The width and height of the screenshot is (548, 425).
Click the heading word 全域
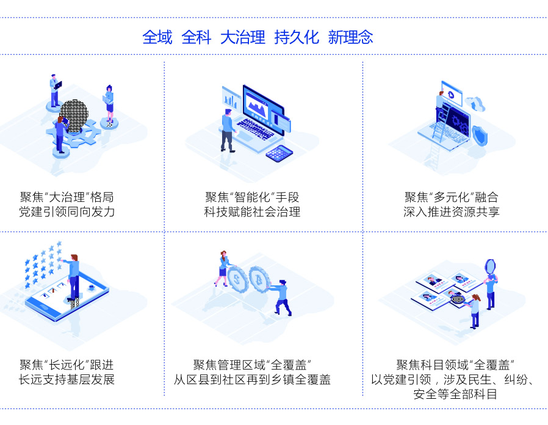coord(157,37)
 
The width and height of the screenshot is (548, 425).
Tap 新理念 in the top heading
coord(350,37)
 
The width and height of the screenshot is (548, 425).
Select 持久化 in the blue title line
coord(297,37)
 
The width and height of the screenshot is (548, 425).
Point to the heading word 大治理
coord(242,37)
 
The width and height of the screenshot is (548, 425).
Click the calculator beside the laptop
coord(279,153)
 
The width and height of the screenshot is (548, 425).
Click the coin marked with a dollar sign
coord(237,279)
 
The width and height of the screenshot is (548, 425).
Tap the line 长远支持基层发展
coord(67,380)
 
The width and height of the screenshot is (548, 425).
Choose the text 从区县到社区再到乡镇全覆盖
coord(252,380)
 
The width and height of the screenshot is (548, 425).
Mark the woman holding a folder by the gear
coord(109,101)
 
